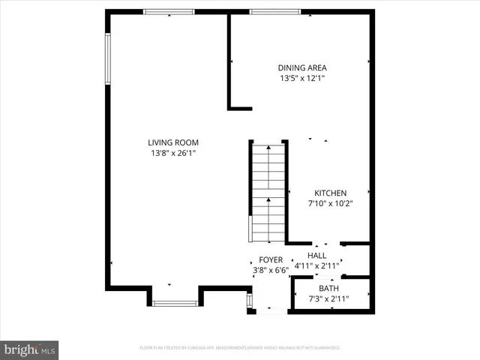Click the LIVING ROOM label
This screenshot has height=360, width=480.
(x=173, y=142)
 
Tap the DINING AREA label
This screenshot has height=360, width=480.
(x=302, y=67)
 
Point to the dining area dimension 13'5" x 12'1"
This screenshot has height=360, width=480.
(x=302, y=78)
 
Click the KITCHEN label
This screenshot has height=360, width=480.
(x=330, y=193)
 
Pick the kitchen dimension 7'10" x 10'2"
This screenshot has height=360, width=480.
(x=330, y=203)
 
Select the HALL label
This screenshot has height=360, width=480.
(x=327, y=256)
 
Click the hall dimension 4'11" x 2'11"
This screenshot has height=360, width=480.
(x=327, y=265)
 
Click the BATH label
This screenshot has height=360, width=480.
(x=328, y=289)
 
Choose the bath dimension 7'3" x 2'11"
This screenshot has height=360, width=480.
(x=328, y=299)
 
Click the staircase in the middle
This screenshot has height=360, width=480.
(x=268, y=193)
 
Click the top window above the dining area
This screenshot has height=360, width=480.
(x=275, y=11)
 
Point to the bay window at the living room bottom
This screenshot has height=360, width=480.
(x=175, y=303)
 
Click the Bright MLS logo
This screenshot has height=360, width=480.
(x=29, y=349)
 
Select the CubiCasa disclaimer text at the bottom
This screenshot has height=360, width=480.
(x=240, y=348)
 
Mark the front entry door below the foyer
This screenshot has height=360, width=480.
(x=271, y=310)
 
